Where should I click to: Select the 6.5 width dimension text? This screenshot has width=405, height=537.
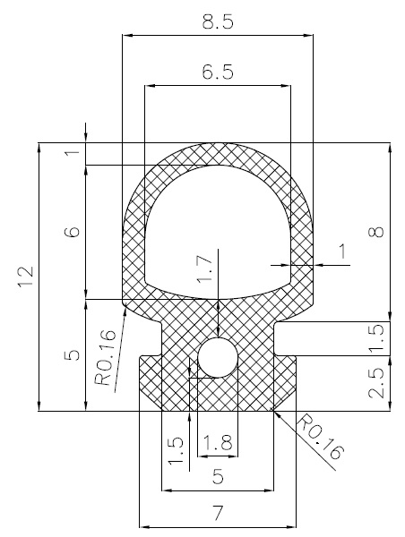(218, 74)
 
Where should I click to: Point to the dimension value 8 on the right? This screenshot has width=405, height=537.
(376, 232)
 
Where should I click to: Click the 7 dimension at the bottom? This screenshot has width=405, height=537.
(218, 514)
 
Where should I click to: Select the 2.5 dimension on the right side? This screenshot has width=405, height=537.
(376, 382)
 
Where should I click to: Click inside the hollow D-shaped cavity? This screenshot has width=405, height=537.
(218, 233)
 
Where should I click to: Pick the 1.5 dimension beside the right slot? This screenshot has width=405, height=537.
(376, 337)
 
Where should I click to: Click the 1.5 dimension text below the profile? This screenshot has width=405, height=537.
(175, 454)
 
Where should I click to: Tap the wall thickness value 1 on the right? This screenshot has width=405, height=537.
(342, 254)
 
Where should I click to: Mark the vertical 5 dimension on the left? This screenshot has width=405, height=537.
(73, 355)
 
